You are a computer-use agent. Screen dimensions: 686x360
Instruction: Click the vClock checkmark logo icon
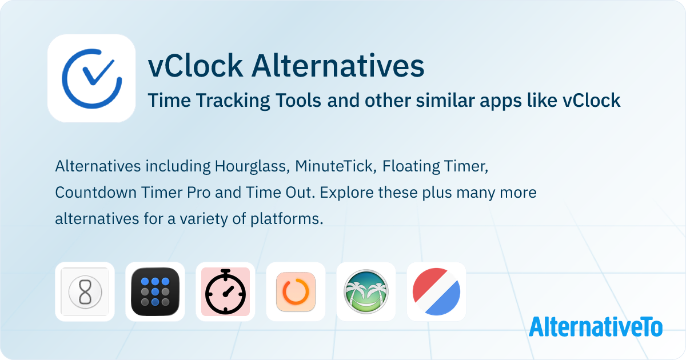pyautogui.click(x=91, y=78)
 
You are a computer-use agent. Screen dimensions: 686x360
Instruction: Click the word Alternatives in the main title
pyautogui.click(x=338, y=66)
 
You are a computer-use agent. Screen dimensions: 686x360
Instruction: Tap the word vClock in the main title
pyautogui.click(x=196, y=66)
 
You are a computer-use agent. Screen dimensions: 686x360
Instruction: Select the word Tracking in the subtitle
pyautogui.click(x=233, y=101)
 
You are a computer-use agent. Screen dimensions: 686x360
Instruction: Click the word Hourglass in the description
pyautogui.click(x=252, y=166)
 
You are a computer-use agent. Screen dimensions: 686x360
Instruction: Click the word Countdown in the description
pyautogui.click(x=96, y=193)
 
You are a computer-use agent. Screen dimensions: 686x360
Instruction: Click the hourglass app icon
pyautogui.click(x=85, y=291)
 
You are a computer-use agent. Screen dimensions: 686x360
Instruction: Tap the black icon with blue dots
pyautogui.click(x=155, y=291)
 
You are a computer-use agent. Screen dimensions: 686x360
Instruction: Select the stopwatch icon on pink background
pyautogui.click(x=225, y=291)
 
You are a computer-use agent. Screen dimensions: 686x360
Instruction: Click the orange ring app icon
pyautogui.click(x=296, y=291)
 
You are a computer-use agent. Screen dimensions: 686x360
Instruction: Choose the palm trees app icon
pyautogui.click(x=366, y=291)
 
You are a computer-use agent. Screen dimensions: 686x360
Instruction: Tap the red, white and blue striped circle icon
pyautogui.click(x=436, y=291)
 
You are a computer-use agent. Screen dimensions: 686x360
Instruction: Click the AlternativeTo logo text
pyautogui.click(x=596, y=327)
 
